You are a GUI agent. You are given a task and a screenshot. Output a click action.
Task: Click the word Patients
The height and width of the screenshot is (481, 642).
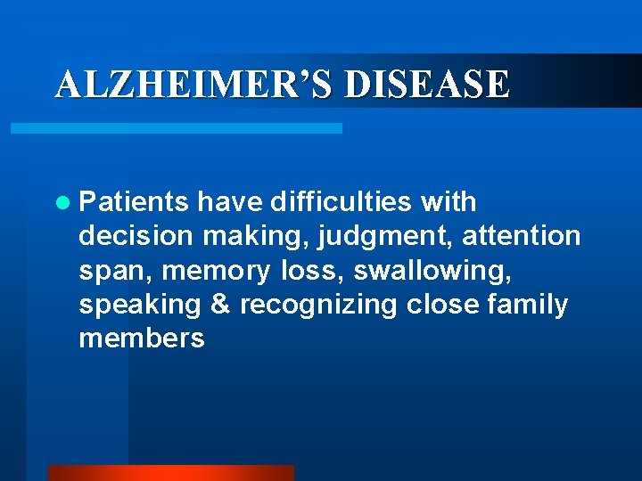coord(134,202)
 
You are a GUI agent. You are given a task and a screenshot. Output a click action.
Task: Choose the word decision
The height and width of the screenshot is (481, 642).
coord(136,236)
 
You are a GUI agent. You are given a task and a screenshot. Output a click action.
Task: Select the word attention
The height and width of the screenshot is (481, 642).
coord(521,236)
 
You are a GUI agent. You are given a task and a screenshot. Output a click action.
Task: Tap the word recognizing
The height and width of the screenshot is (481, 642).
coord(318,306)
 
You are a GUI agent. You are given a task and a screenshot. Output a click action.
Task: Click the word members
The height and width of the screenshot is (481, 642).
coord(142,338)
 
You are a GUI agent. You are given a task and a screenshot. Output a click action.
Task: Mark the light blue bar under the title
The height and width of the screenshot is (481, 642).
coord(176,128)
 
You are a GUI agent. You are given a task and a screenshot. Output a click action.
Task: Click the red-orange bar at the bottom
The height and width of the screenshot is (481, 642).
coord(170,472)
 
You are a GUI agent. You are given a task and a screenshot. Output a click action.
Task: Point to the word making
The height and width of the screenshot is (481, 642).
coord(243,237)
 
